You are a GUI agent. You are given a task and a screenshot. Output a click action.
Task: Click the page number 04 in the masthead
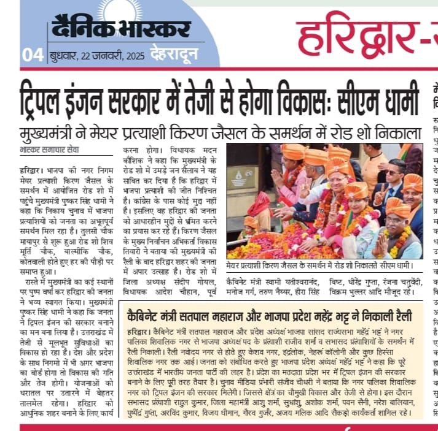pyautogui.click(x=32, y=55)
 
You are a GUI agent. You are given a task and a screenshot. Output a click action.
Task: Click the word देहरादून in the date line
pyautogui.click(x=174, y=55)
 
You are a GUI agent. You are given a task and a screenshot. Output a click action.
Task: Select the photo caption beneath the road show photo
pyautogui.click(x=323, y=266)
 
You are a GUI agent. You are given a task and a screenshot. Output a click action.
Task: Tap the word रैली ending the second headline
pyautogui.click(x=405, y=316)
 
